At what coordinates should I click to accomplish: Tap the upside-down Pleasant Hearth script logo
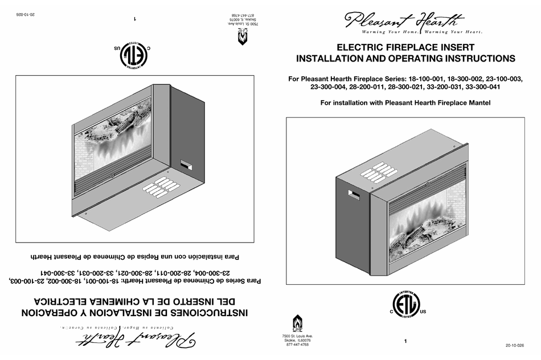click(x=135, y=340)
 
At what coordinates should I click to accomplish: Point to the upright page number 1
click(x=405, y=341)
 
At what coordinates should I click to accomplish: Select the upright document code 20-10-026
click(x=514, y=346)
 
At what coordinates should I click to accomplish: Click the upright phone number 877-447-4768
click(x=297, y=345)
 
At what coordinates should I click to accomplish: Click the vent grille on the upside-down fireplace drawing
click(x=162, y=187)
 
